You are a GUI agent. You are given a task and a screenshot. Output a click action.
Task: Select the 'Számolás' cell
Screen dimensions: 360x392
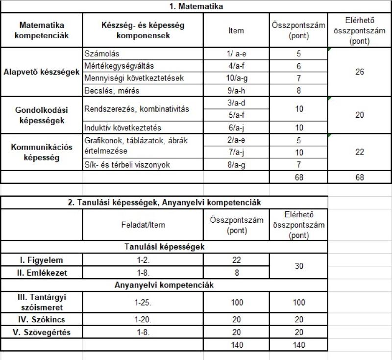tap(102, 53)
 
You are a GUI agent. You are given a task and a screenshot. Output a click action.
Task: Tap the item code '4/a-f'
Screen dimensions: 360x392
tap(236, 66)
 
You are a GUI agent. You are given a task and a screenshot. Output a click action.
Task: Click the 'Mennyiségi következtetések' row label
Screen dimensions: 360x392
tap(129, 78)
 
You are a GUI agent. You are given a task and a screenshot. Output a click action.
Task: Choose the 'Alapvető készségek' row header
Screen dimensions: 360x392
tap(41, 72)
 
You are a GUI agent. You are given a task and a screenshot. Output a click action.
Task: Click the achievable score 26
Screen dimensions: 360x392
tap(360, 72)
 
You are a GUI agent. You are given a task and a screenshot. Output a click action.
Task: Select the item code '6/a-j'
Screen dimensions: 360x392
tap(236, 128)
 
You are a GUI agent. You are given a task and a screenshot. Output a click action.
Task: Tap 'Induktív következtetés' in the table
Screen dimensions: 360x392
tap(122, 128)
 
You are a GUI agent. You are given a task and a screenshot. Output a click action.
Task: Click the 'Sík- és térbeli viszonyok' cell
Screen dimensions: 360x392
tap(127, 165)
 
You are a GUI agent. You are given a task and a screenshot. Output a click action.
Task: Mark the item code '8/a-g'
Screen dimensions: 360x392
tap(236, 165)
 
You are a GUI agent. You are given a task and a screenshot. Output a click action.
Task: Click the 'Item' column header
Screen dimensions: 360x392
tap(236, 31)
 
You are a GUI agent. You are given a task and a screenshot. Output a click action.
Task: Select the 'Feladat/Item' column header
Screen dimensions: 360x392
tap(143, 225)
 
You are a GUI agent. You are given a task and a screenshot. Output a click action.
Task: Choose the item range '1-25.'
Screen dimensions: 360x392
tap(143, 303)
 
